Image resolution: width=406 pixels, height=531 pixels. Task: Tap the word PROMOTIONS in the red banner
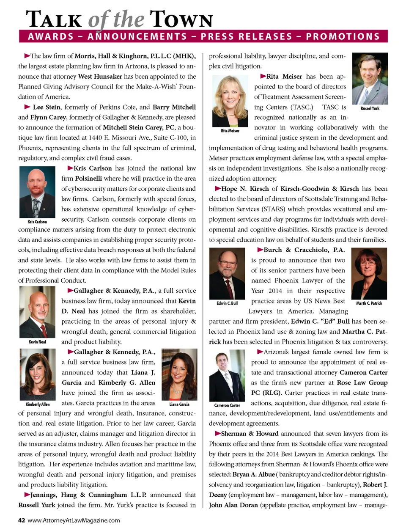(343, 36)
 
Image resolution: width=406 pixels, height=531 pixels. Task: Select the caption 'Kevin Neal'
(37, 342)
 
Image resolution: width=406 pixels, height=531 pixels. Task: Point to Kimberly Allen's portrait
(37, 374)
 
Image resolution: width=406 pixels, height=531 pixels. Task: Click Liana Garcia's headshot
(179, 374)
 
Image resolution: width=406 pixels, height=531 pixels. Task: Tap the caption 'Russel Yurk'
(370, 109)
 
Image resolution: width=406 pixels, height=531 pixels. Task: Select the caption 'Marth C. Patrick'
(369, 303)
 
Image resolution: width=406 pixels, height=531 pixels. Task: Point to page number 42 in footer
(22, 520)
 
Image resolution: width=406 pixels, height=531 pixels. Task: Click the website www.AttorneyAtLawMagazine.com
(74, 520)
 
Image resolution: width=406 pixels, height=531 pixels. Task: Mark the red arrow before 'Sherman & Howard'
(218, 433)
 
